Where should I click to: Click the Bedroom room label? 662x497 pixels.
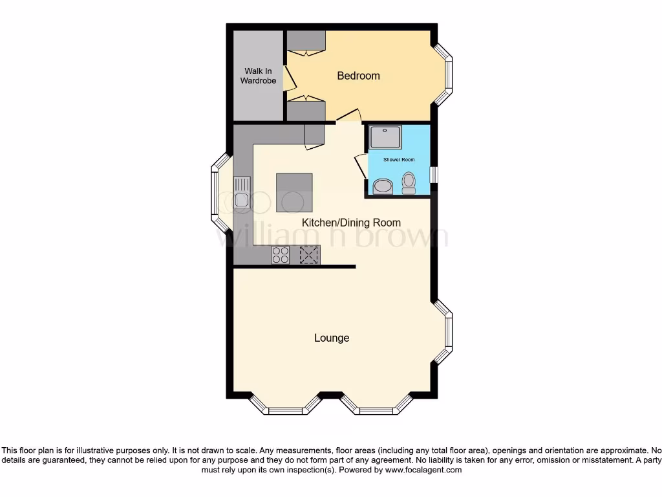tap(358, 76)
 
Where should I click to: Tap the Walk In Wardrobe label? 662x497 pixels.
tap(259, 76)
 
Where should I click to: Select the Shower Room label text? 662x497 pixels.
tap(399, 160)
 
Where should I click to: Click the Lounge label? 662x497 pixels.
tap(332, 338)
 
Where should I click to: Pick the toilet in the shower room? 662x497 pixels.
tap(409, 183)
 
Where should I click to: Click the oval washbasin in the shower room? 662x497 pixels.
tap(382, 187)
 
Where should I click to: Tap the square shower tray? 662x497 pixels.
tap(385, 137)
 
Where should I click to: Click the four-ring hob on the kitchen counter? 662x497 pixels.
tap(281, 255)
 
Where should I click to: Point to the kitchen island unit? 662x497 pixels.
tap(295, 192)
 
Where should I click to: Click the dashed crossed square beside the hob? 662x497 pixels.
tap(309, 255)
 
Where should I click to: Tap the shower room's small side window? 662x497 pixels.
tap(433, 175)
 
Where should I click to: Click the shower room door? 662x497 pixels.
tap(360, 166)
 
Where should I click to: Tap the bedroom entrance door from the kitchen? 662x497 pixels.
tap(348, 116)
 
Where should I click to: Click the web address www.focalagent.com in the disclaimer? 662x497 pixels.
tap(423, 470)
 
